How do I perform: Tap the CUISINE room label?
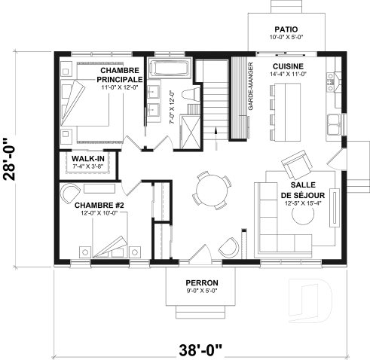click(x=284, y=66)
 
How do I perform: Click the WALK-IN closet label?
click(x=87, y=159)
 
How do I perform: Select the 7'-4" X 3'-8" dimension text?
click(x=87, y=167)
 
